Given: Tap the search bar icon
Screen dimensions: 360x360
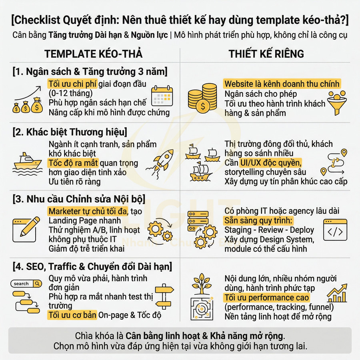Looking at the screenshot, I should (x=26, y=284).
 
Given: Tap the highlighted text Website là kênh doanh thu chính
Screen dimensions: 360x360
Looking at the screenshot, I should (x=282, y=84).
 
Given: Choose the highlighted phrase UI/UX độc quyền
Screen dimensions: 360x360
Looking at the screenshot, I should (x=271, y=163).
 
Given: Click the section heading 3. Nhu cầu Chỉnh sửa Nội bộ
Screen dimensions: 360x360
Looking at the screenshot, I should (x=78, y=199).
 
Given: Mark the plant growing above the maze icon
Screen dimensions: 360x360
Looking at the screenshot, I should (x=202, y=283).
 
